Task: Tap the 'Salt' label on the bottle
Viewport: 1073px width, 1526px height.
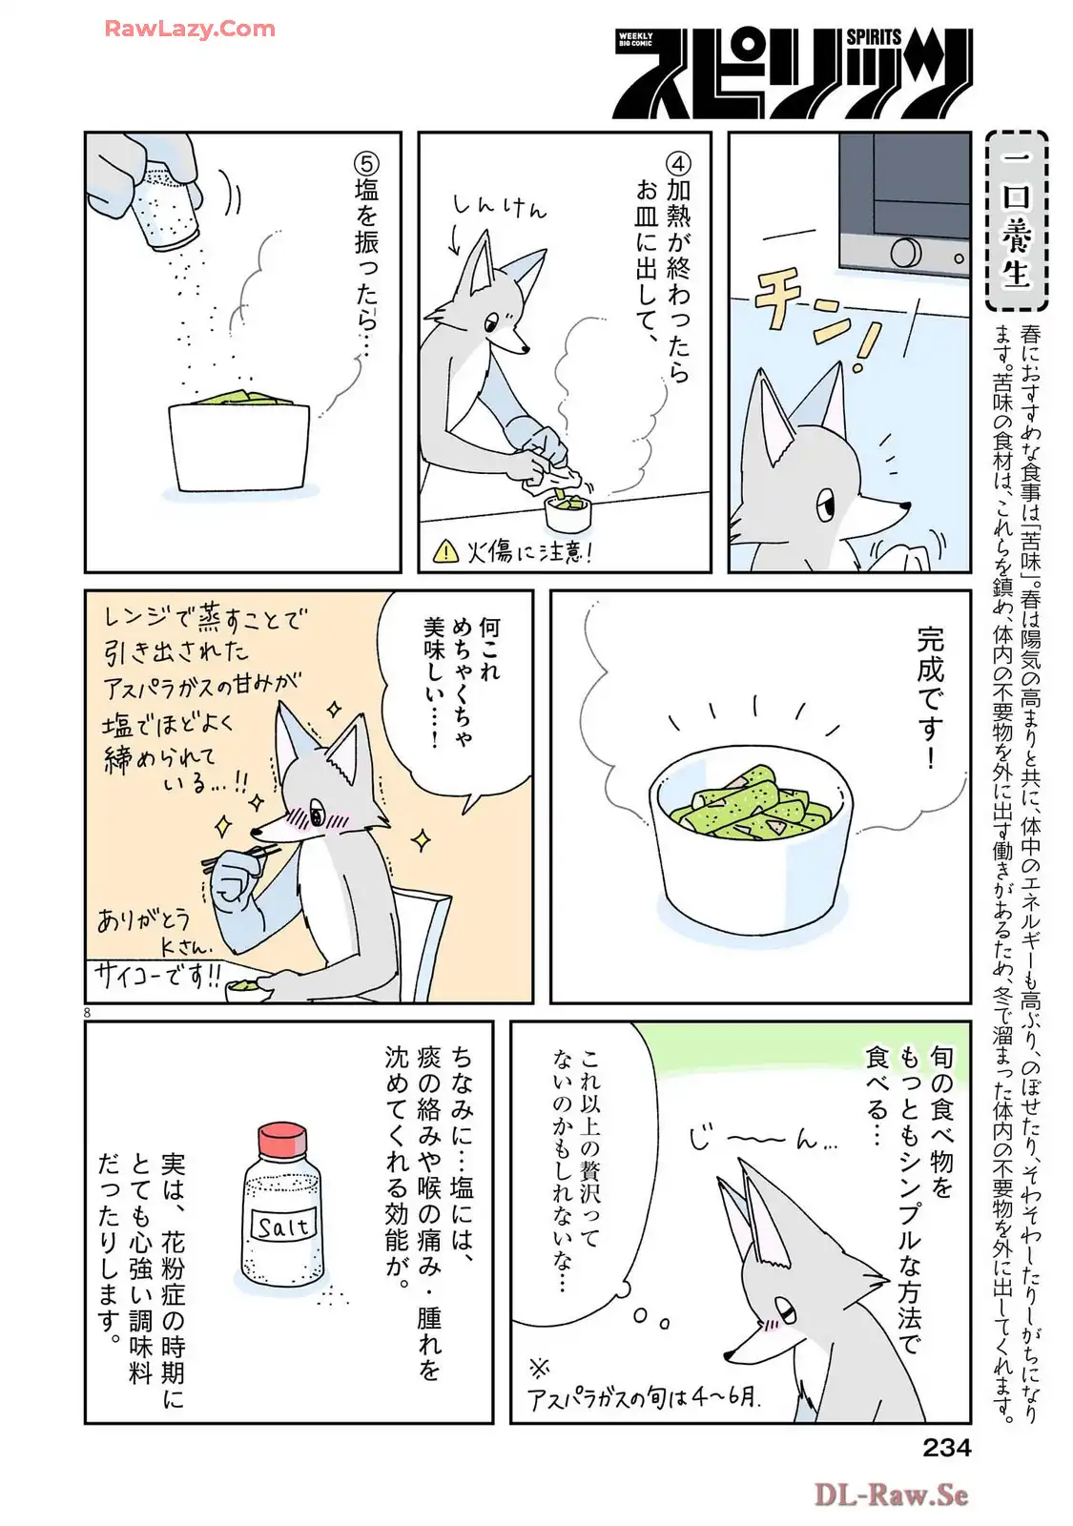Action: coord(284,1227)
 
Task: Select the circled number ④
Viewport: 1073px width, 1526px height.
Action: coord(678,163)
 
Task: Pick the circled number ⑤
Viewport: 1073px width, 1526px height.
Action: coord(366,163)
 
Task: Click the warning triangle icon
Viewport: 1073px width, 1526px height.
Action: coord(446,550)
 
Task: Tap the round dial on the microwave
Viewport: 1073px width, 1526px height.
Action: coord(905,253)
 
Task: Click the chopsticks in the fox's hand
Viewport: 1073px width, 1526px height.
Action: coord(239,856)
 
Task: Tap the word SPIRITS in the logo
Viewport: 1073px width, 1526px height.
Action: coord(874,37)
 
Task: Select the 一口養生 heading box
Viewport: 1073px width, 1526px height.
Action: coord(1017,220)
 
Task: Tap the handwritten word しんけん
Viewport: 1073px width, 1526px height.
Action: coord(500,205)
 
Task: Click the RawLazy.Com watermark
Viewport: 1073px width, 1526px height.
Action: coord(190,29)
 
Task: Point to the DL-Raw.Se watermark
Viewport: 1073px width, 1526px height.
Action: coord(891,1494)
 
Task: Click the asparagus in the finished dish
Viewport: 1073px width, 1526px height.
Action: coord(743,804)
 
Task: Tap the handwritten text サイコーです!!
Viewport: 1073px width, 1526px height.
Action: coord(158,979)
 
